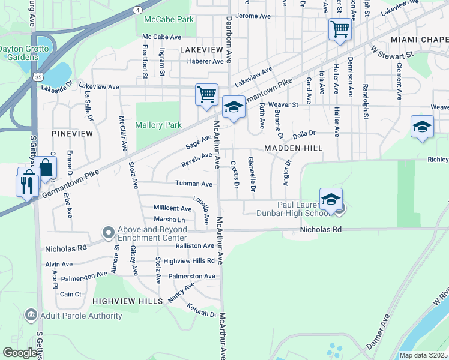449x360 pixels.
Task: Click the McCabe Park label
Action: click(x=169, y=19)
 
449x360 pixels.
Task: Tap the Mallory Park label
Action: click(x=158, y=125)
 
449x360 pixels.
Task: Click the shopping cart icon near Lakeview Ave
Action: click(x=206, y=94)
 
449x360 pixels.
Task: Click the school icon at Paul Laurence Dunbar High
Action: click(x=331, y=199)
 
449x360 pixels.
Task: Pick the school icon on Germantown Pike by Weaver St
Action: click(x=234, y=107)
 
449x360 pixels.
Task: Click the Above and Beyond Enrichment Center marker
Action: click(x=108, y=231)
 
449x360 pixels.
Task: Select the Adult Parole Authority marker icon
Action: click(x=31, y=314)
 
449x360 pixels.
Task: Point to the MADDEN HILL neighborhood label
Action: click(x=293, y=148)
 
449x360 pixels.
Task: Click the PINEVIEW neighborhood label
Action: click(x=72, y=133)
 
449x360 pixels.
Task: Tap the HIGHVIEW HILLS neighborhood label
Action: click(x=127, y=300)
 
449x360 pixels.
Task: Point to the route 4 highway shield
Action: click(x=139, y=10)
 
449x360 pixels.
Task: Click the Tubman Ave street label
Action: click(x=193, y=184)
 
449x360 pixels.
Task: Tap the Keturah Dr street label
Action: click(x=200, y=313)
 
